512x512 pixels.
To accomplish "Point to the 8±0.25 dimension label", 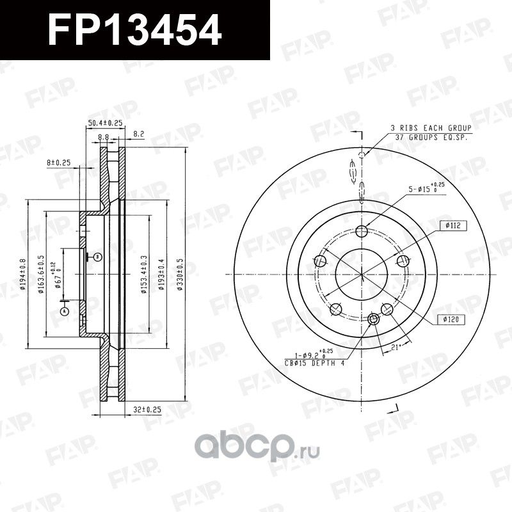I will [x=58, y=163].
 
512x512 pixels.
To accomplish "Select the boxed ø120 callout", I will [x=452, y=318].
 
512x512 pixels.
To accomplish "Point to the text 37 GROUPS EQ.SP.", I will [x=431, y=136].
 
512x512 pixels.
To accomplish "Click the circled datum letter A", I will [x=64, y=311].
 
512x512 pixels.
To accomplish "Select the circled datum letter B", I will [x=97, y=257].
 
